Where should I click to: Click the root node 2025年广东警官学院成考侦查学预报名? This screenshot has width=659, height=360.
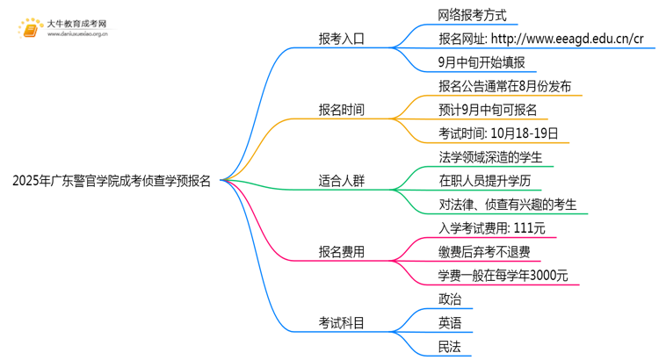[x=112, y=182]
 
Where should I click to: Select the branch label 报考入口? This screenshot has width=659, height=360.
[x=341, y=39]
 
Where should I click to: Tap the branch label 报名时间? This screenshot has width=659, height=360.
[x=341, y=110]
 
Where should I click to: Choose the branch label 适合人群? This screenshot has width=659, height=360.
[x=341, y=182]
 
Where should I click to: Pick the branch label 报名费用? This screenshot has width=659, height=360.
[x=341, y=253]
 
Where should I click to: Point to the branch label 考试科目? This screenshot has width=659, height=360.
[x=341, y=324]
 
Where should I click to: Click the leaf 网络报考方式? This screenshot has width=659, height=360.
[x=472, y=16]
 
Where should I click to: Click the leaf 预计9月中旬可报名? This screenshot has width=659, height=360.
[x=487, y=111]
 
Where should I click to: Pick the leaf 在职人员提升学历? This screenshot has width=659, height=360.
[x=484, y=182]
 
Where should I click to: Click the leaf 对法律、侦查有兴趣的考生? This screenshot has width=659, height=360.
[x=507, y=205]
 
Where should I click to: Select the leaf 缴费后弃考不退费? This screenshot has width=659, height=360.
[x=484, y=253]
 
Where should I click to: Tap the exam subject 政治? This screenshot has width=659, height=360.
[x=449, y=300]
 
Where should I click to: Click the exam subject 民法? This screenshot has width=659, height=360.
[x=449, y=348]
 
